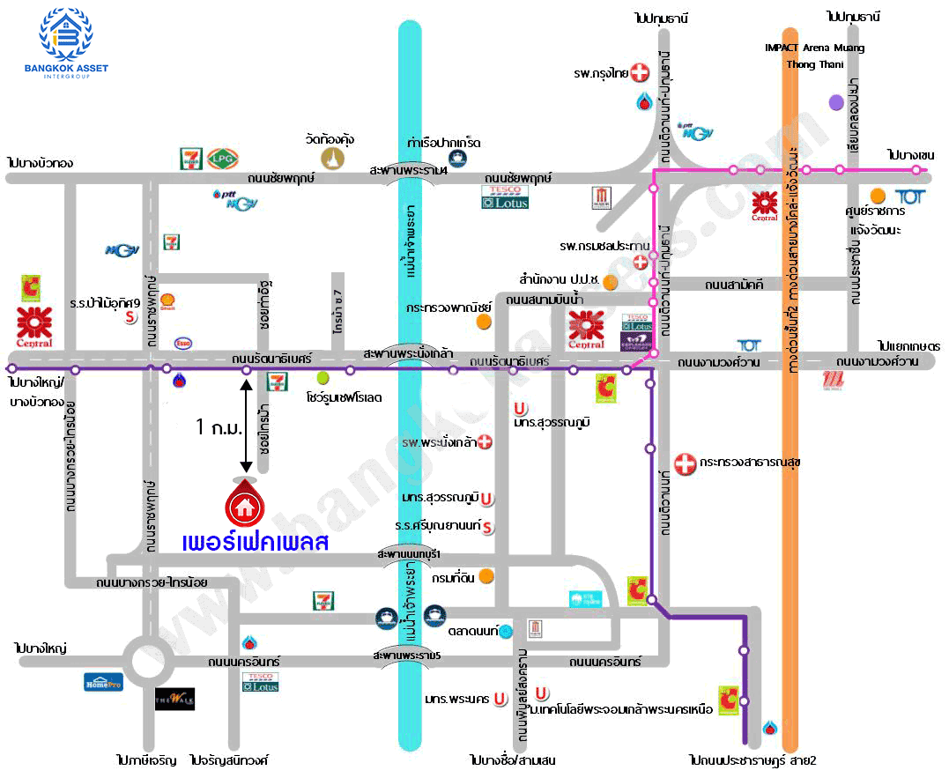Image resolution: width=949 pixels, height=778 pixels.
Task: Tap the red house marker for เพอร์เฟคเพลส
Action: point(244,502)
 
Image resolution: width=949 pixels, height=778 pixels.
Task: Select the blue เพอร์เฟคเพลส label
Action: point(255,542)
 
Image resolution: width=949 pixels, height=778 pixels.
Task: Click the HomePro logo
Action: point(103,681)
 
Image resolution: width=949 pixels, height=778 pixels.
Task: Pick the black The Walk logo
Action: point(174,699)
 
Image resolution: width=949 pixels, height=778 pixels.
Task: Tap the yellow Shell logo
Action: point(168,302)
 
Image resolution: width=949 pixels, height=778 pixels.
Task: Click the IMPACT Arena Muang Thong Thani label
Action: point(814,56)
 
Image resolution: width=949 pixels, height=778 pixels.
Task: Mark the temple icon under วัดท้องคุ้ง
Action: point(332,159)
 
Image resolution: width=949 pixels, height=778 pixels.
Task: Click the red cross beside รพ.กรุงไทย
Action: point(641,72)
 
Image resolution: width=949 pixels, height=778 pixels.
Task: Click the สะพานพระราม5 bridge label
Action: point(406,656)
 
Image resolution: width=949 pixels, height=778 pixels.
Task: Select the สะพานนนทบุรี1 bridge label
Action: point(408,553)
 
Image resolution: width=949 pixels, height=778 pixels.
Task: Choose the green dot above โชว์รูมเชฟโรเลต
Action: point(323,377)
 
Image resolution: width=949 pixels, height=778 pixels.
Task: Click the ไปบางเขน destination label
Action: point(910,154)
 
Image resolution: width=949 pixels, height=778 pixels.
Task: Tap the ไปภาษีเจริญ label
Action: point(146,759)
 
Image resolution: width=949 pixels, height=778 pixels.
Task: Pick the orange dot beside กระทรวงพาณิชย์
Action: point(483,322)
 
